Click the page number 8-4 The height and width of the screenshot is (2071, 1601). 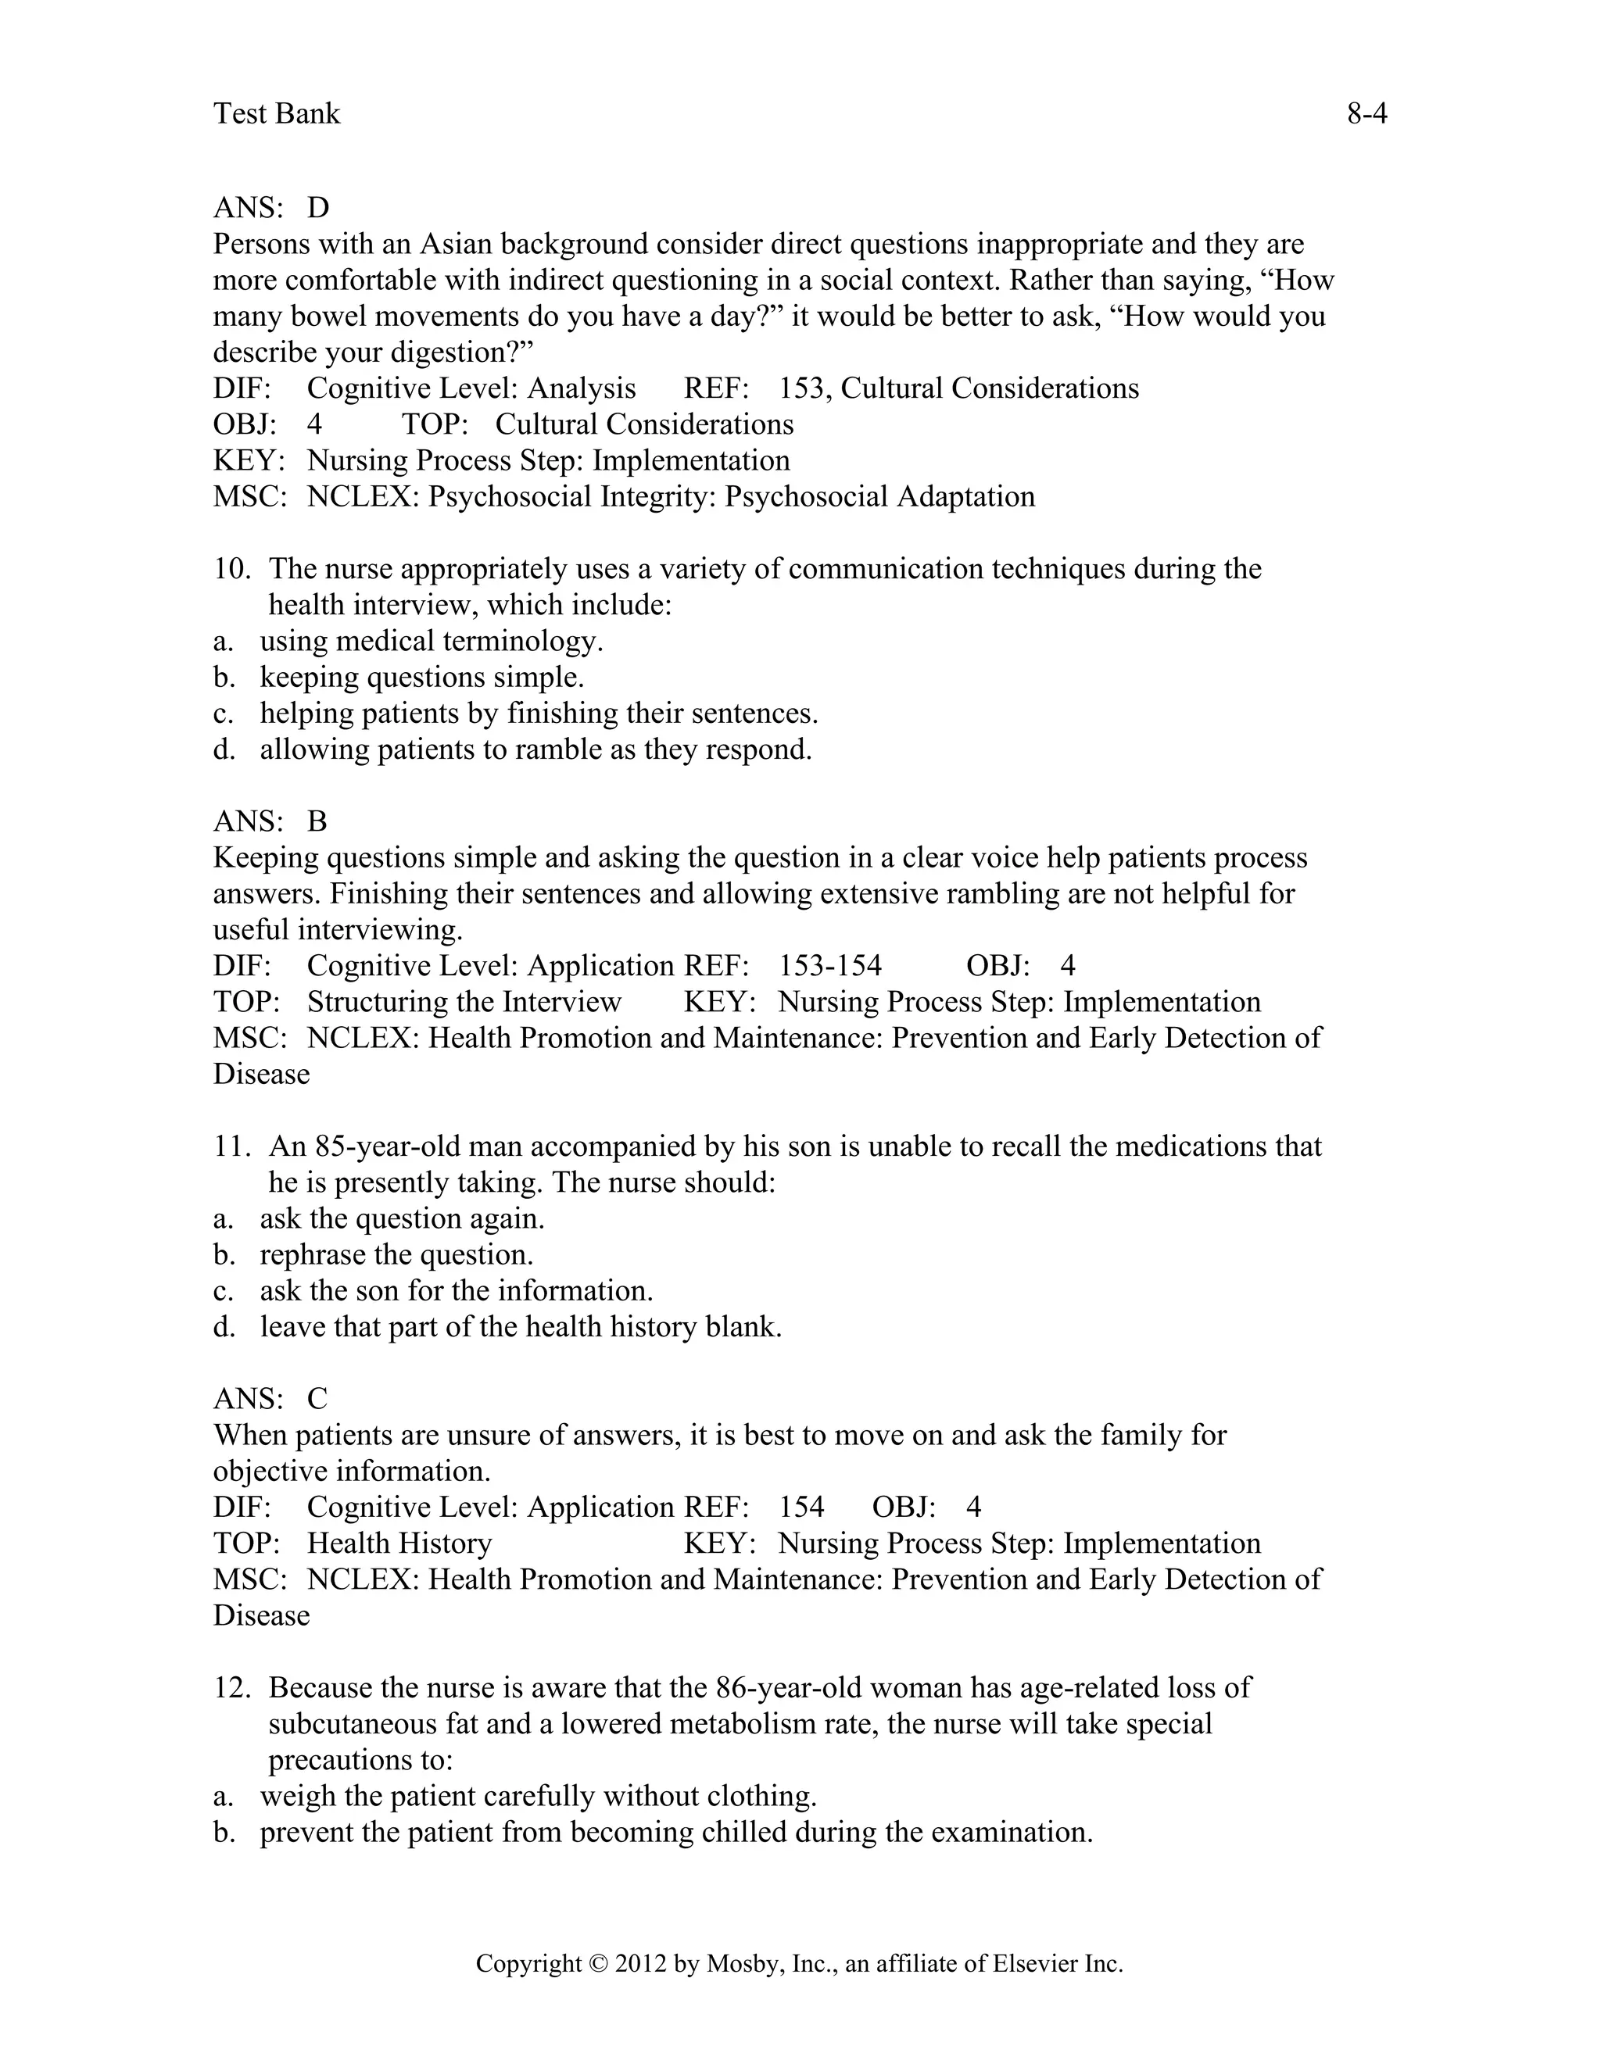1366,114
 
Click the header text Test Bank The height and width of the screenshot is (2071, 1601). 276,114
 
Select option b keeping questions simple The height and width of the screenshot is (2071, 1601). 422,677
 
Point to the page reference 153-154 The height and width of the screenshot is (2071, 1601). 830,966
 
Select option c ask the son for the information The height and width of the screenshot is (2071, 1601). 457,1290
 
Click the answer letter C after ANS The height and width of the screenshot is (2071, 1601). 317,1399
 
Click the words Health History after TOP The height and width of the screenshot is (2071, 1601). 399,1543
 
